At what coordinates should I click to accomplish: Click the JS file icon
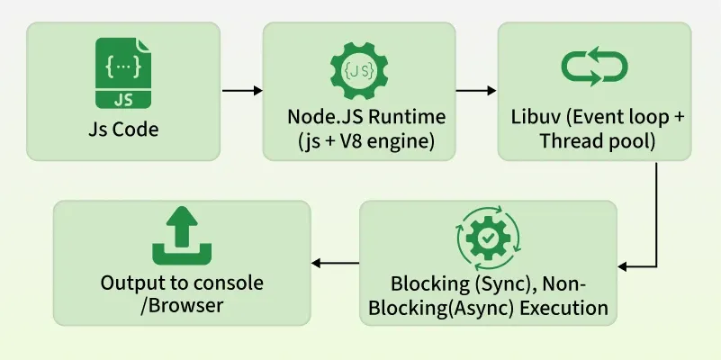[123, 72]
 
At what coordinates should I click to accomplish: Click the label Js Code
[123, 130]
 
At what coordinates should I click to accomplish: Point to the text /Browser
[181, 306]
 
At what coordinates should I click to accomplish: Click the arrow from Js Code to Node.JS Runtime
[241, 91]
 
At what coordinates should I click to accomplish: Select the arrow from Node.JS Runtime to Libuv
[477, 91]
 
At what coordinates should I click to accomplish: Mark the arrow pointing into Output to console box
[335, 264]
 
